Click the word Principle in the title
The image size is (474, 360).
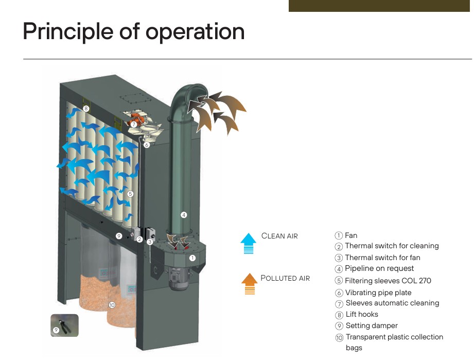[68, 32]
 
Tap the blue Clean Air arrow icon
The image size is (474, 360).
[248, 243]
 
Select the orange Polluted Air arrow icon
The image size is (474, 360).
[250, 284]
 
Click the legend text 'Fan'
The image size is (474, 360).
[351, 235]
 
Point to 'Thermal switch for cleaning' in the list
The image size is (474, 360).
[392, 246]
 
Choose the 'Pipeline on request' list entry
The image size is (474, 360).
[379, 268]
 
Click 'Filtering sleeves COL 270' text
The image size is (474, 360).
[388, 281]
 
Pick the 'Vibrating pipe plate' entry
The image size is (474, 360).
[378, 293]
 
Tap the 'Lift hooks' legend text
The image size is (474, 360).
[362, 314]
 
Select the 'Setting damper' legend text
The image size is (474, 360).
[372, 325]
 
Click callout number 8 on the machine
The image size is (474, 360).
[86, 109]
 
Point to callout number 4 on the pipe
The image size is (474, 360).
[184, 215]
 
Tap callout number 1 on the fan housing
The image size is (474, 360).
[192, 258]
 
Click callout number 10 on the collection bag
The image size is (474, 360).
[112, 305]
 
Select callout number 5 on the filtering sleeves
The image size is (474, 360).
[130, 194]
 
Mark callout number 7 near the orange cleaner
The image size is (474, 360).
[134, 124]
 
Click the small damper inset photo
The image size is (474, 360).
[64, 325]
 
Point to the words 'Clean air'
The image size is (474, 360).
[279, 236]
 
